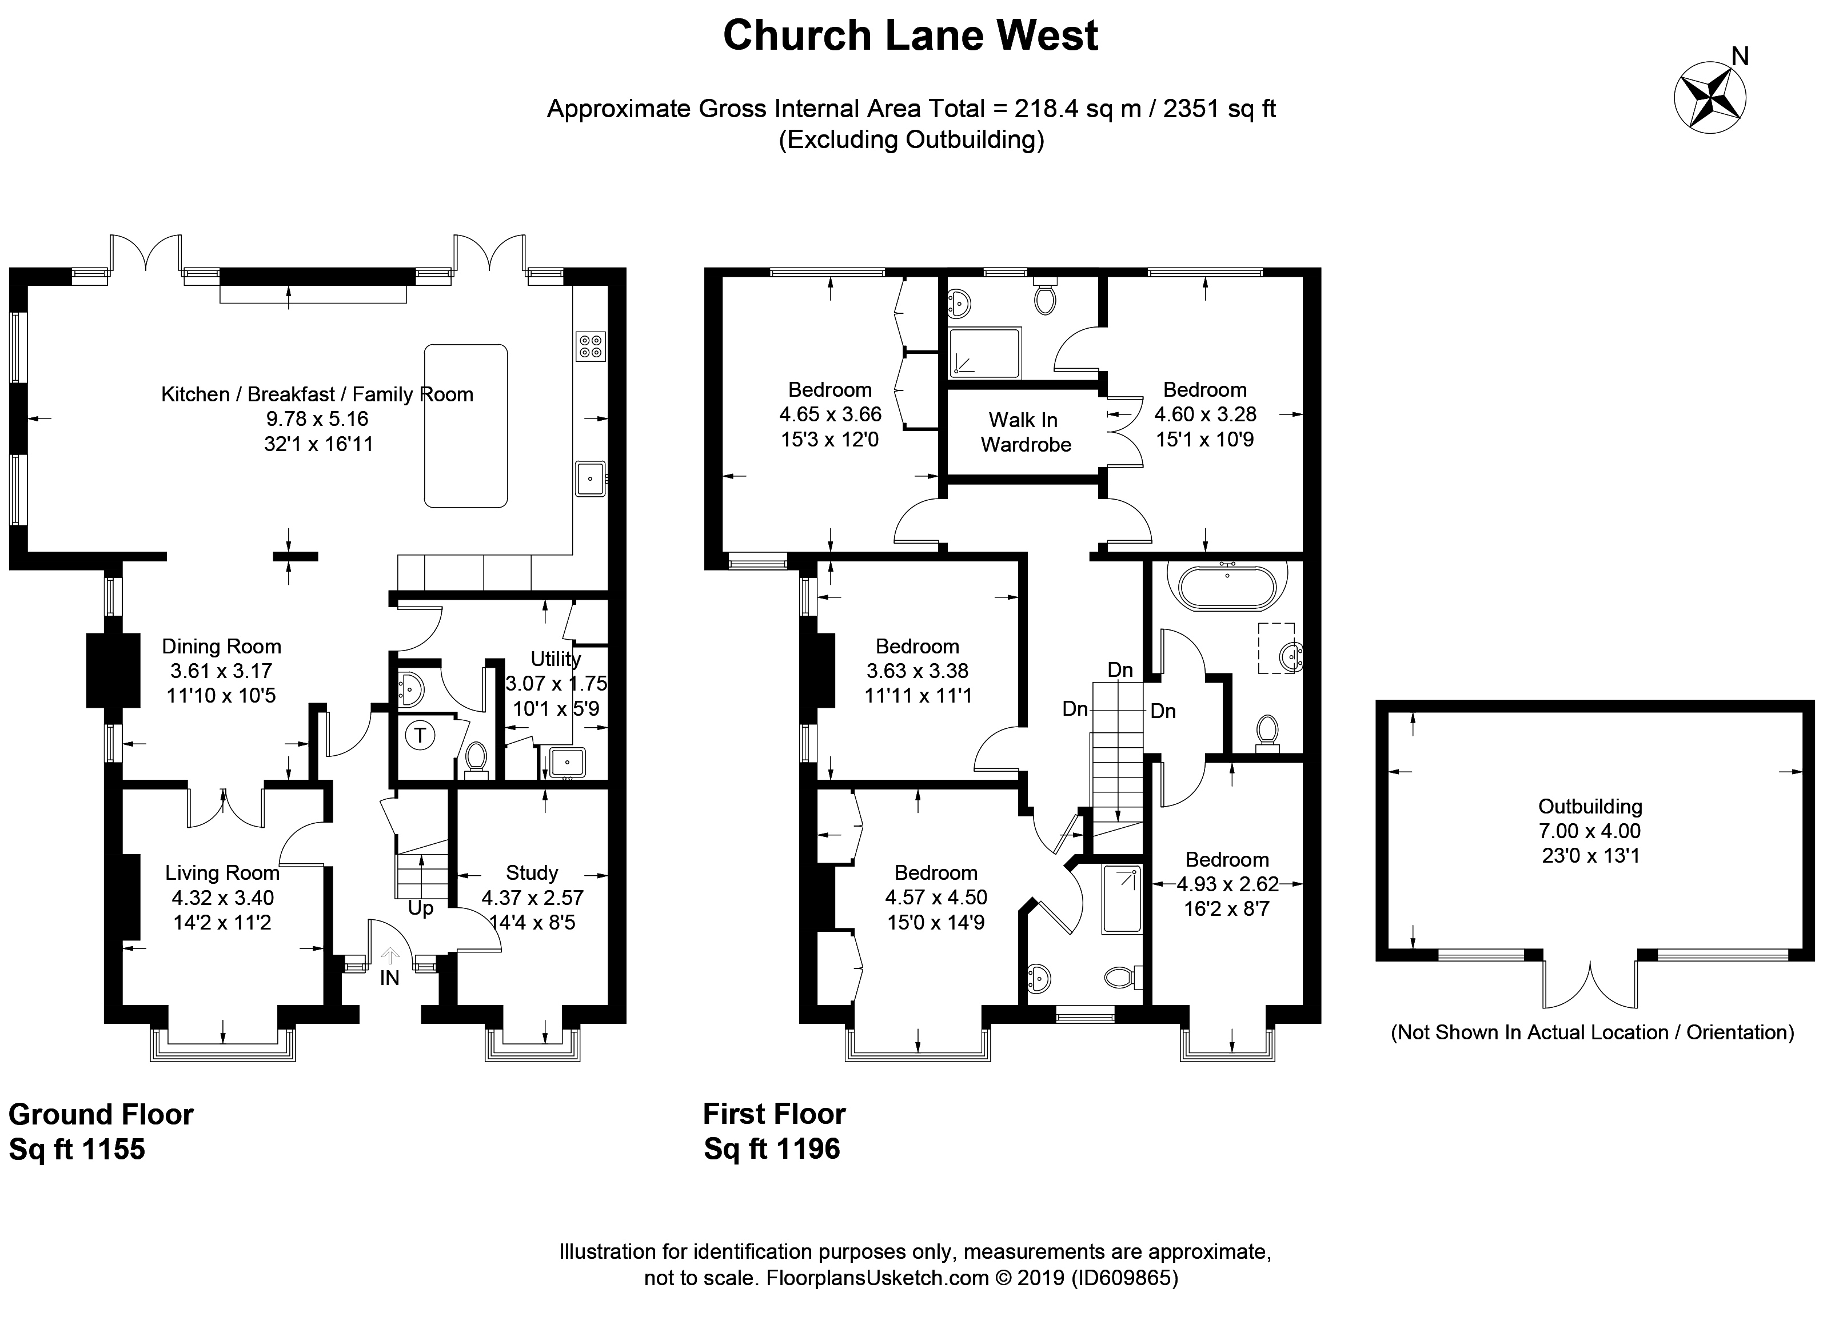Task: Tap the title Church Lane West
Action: [x=910, y=36]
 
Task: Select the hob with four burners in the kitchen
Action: [x=590, y=346]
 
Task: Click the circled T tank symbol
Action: [x=420, y=735]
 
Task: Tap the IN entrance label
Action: [x=389, y=978]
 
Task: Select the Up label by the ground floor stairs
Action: [x=420, y=908]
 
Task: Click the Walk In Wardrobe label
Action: [x=1025, y=432]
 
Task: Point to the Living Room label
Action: [x=222, y=873]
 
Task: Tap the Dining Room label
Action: [x=221, y=647]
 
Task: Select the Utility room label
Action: [x=556, y=659]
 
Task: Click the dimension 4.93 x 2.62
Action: [x=1227, y=884]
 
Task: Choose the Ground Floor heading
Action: [x=101, y=1115]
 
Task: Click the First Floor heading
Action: [x=774, y=1114]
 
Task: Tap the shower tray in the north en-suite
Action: [x=984, y=352]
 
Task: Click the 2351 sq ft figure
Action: [x=1219, y=109]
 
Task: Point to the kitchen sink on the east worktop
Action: [x=590, y=479]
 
